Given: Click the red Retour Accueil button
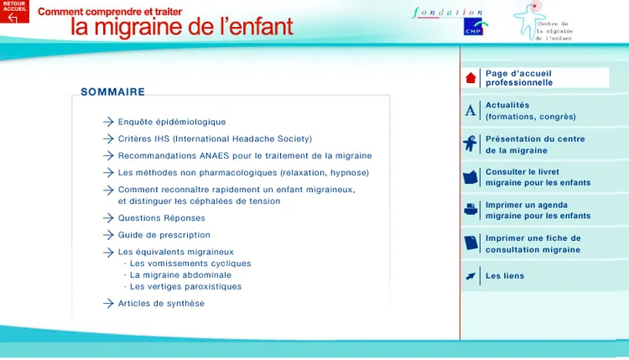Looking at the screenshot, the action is point(14,11).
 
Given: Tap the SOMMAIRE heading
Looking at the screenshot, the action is point(112,92).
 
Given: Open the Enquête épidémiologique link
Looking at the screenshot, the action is point(172,122).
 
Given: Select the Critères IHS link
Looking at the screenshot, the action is point(215,138).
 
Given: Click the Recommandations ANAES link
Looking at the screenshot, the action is point(245,156).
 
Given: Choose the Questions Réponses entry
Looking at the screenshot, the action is point(161,218).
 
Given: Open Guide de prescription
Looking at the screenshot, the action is point(164,235).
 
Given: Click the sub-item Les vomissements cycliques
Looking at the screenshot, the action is point(190,263).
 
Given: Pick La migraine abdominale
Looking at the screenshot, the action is point(180,275).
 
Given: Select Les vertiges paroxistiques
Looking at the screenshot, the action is point(185,286).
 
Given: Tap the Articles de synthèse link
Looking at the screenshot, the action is point(161,304).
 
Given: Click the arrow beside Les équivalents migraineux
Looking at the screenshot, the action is point(108,253).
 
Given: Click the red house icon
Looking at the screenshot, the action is point(470,78).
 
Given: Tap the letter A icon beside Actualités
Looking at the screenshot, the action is point(470,111).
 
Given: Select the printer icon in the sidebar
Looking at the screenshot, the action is point(470,210).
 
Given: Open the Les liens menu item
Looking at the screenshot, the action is point(505,276).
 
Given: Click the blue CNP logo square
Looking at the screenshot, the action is point(473,27).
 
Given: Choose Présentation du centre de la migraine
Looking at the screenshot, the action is point(535,144).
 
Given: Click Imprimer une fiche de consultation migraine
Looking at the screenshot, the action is point(533,243).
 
